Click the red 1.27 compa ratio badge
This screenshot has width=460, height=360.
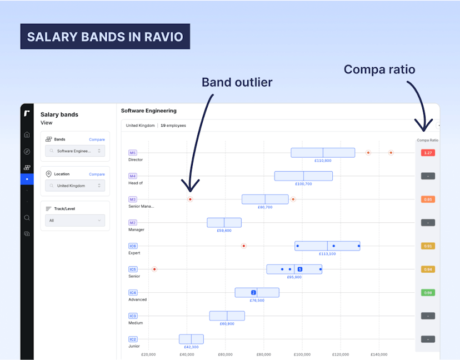[x=428, y=153]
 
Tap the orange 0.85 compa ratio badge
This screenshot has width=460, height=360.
[x=428, y=199]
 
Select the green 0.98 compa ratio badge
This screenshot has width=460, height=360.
[x=428, y=293]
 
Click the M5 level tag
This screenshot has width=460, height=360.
[x=132, y=153]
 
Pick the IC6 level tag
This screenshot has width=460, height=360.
[x=133, y=246]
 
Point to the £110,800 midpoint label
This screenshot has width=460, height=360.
[x=323, y=161]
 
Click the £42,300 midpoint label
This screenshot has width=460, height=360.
[x=191, y=347]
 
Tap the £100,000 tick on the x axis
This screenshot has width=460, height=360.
[x=302, y=354]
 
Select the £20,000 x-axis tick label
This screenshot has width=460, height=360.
[x=148, y=354]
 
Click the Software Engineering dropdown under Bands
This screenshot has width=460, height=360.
[x=75, y=151]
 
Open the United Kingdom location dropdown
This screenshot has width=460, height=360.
[x=75, y=186]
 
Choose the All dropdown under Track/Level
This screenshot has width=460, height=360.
[x=75, y=221]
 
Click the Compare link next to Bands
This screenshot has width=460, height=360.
[x=97, y=139]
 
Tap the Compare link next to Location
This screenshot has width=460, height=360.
[x=97, y=174]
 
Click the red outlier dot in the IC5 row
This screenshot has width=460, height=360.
[x=154, y=269]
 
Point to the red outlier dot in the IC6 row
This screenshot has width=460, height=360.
[x=243, y=246]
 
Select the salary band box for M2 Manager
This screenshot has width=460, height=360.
[x=224, y=223]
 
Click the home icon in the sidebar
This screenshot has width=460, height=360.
[x=27, y=134]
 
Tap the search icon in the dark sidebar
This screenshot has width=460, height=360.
[x=27, y=218]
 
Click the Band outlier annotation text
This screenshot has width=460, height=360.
[x=237, y=83]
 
